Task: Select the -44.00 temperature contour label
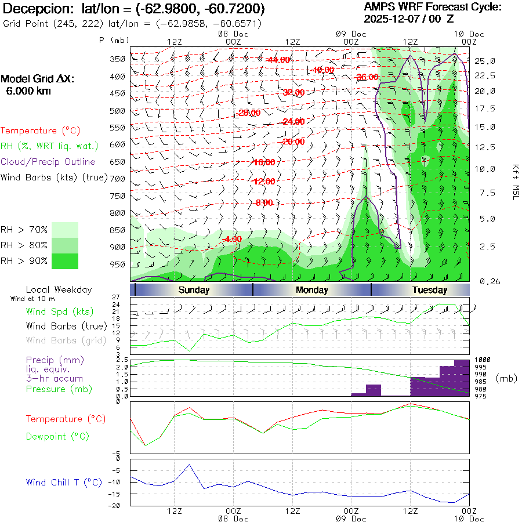(278, 60)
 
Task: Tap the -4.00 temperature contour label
(232, 239)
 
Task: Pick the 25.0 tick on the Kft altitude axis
(484, 61)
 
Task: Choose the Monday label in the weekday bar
(311, 290)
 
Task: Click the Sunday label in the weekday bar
(194, 290)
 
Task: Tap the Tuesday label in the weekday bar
(429, 290)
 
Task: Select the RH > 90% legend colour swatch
(65, 261)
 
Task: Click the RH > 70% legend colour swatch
(65, 230)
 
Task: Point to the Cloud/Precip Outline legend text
(48, 162)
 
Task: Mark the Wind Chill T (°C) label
(64, 482)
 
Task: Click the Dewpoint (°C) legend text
(57, 436)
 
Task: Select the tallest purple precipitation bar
(462, 378)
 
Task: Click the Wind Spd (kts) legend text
(60, 311)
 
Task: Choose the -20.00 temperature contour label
(293, 142)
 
